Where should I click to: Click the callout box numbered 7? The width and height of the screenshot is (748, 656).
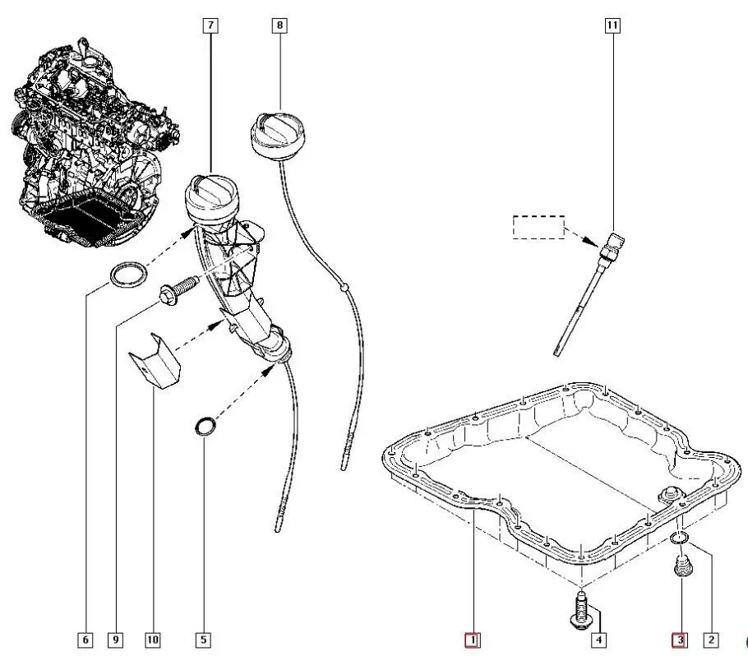tap(211, 25)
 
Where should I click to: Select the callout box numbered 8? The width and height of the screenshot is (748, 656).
tap(279, 25)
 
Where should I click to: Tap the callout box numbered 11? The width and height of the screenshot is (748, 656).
tap(612, 25)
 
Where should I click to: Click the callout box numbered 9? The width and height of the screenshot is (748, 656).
tap(116, 639)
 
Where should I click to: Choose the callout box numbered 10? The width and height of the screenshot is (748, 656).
tap(152, 639)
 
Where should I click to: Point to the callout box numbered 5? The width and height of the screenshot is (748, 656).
tap(203, 639)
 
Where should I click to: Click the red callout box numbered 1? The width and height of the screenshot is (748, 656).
tap(472, 639)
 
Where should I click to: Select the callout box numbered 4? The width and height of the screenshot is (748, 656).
tap(600, 639)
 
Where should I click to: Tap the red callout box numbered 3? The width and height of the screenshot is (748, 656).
tap(679, 639)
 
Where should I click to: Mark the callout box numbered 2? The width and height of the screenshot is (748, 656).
tap(712, 639)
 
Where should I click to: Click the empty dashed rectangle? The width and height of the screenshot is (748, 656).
tap(538, 227)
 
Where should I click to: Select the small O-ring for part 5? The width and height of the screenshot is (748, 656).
tap(205, 426)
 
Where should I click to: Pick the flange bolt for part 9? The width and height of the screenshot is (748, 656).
tap(177, 289)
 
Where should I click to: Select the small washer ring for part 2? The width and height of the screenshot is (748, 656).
tap(678, 538)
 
